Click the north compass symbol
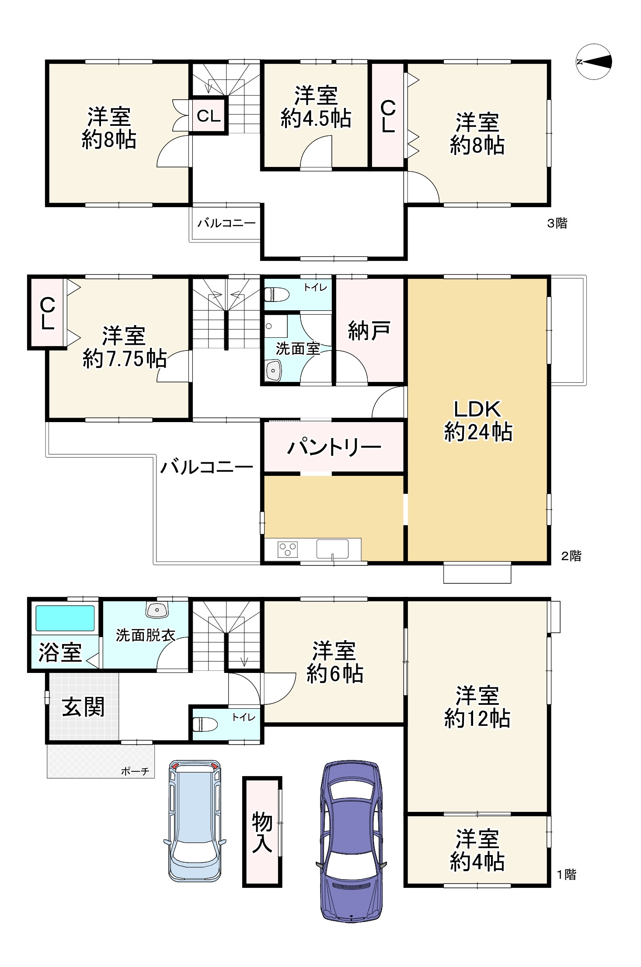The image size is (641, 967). [x=593, y=62]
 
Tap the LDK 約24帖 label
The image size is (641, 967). [x=477, y=420]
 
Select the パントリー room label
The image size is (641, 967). [x=334, y=447]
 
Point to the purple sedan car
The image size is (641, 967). [x=351, y=841]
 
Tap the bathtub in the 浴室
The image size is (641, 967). [x=65, y=617]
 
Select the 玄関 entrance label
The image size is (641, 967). [x=83, y=707]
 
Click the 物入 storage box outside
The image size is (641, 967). [x=262, y=832]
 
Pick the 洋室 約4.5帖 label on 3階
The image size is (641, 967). [x=316, y=107]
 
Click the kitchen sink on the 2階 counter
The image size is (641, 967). [x=333, y=549]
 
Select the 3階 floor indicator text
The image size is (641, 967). [x=557, y=223]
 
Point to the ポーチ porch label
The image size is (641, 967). [x=135, y=771]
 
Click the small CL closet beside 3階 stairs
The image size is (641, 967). [x=209, y=116]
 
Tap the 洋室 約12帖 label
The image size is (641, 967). [x=477, y=707]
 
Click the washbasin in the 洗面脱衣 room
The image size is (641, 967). [x=157, y=610]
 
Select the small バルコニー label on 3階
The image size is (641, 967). [x=226, y=223]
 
